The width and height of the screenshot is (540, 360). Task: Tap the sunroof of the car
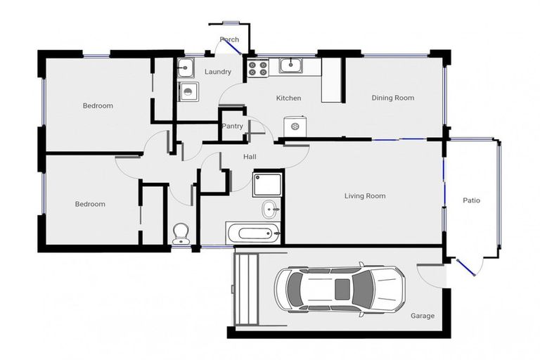click(342, 288)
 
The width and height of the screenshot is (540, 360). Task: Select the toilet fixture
click(181, 233)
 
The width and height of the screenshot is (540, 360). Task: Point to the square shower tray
click(266, 184)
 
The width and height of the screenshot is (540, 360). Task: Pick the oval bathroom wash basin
click(270, 209)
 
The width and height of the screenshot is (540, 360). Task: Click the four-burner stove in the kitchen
click(257, 68)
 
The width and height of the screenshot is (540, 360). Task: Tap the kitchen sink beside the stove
click(290, 66)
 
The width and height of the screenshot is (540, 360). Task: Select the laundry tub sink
click(186, 68)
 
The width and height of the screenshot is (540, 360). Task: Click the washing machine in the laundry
click(188, 91)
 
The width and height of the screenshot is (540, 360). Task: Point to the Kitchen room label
click(288, 98)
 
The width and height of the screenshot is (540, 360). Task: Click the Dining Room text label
click(392, 98)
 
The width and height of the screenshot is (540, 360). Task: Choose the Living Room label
click(365, 196)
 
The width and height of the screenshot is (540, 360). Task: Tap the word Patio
click(471, 200)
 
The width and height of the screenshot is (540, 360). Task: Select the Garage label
click(422, 316)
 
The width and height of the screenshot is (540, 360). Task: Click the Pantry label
click(232, 127)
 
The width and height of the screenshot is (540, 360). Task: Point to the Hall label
click(250, 156)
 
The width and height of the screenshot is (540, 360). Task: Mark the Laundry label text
click(218, 72)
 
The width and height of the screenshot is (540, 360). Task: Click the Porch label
click(229, 40)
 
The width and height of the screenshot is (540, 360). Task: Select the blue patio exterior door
click(464, 265)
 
